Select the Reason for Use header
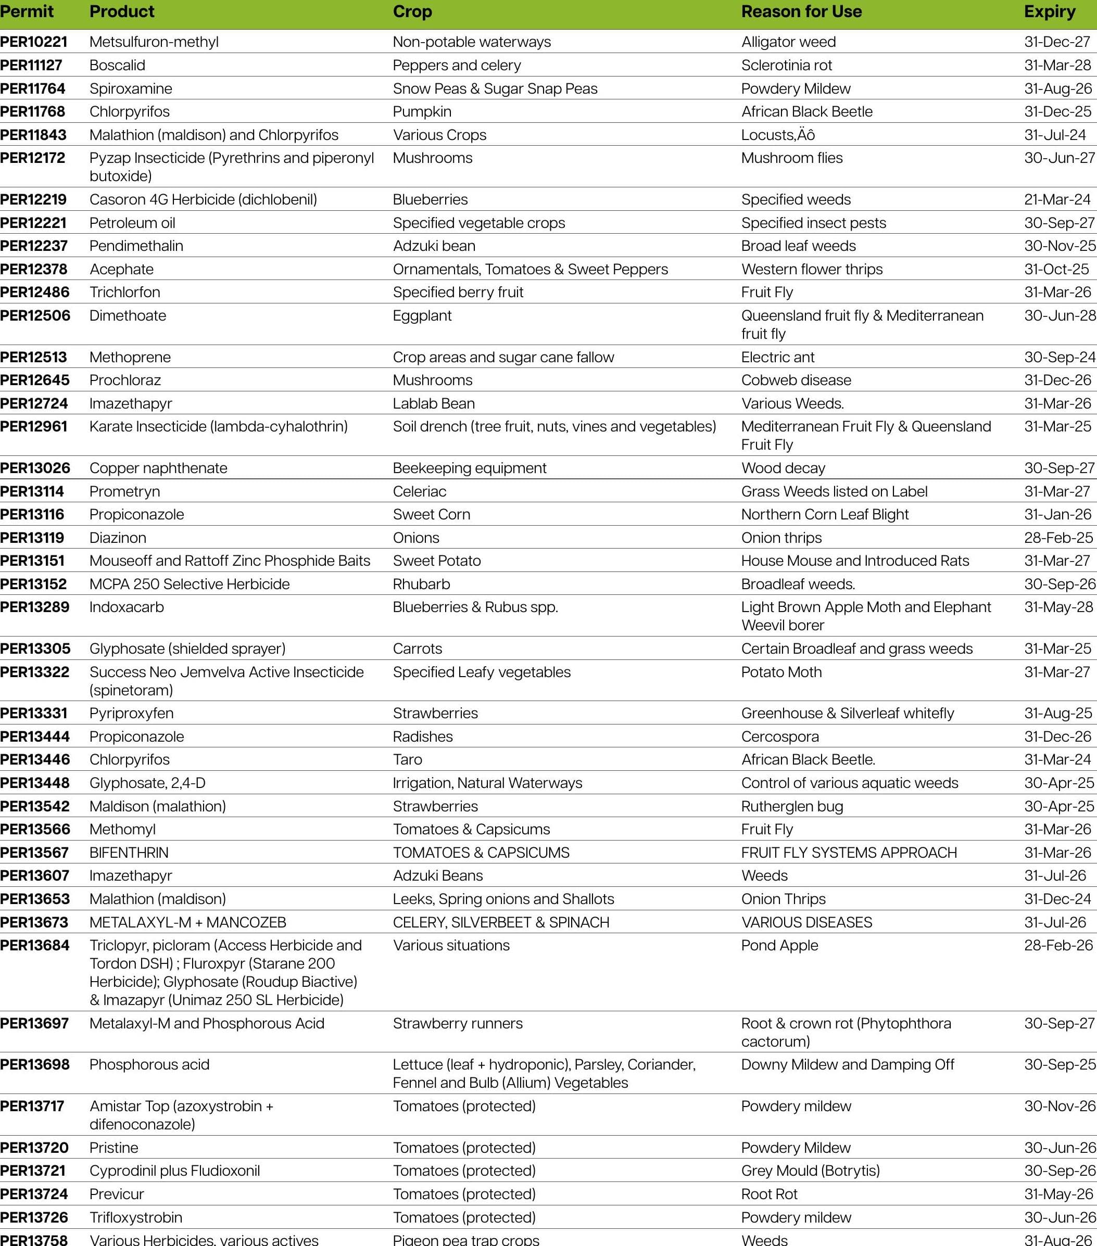(801, 11)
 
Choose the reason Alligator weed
(788, 42)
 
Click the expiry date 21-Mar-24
(1057, 199)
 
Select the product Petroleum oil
(132, 223)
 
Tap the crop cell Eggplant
(422, 316)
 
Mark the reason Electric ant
(777, 357)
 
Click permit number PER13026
(35, 468)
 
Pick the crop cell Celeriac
(420, 491)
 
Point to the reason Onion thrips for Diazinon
(781, 538)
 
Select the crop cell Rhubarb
(421, 584)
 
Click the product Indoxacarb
(126, 607)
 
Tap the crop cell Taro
(407, 759)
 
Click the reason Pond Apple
(779, 946)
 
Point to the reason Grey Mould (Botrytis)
(810, 1171)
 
